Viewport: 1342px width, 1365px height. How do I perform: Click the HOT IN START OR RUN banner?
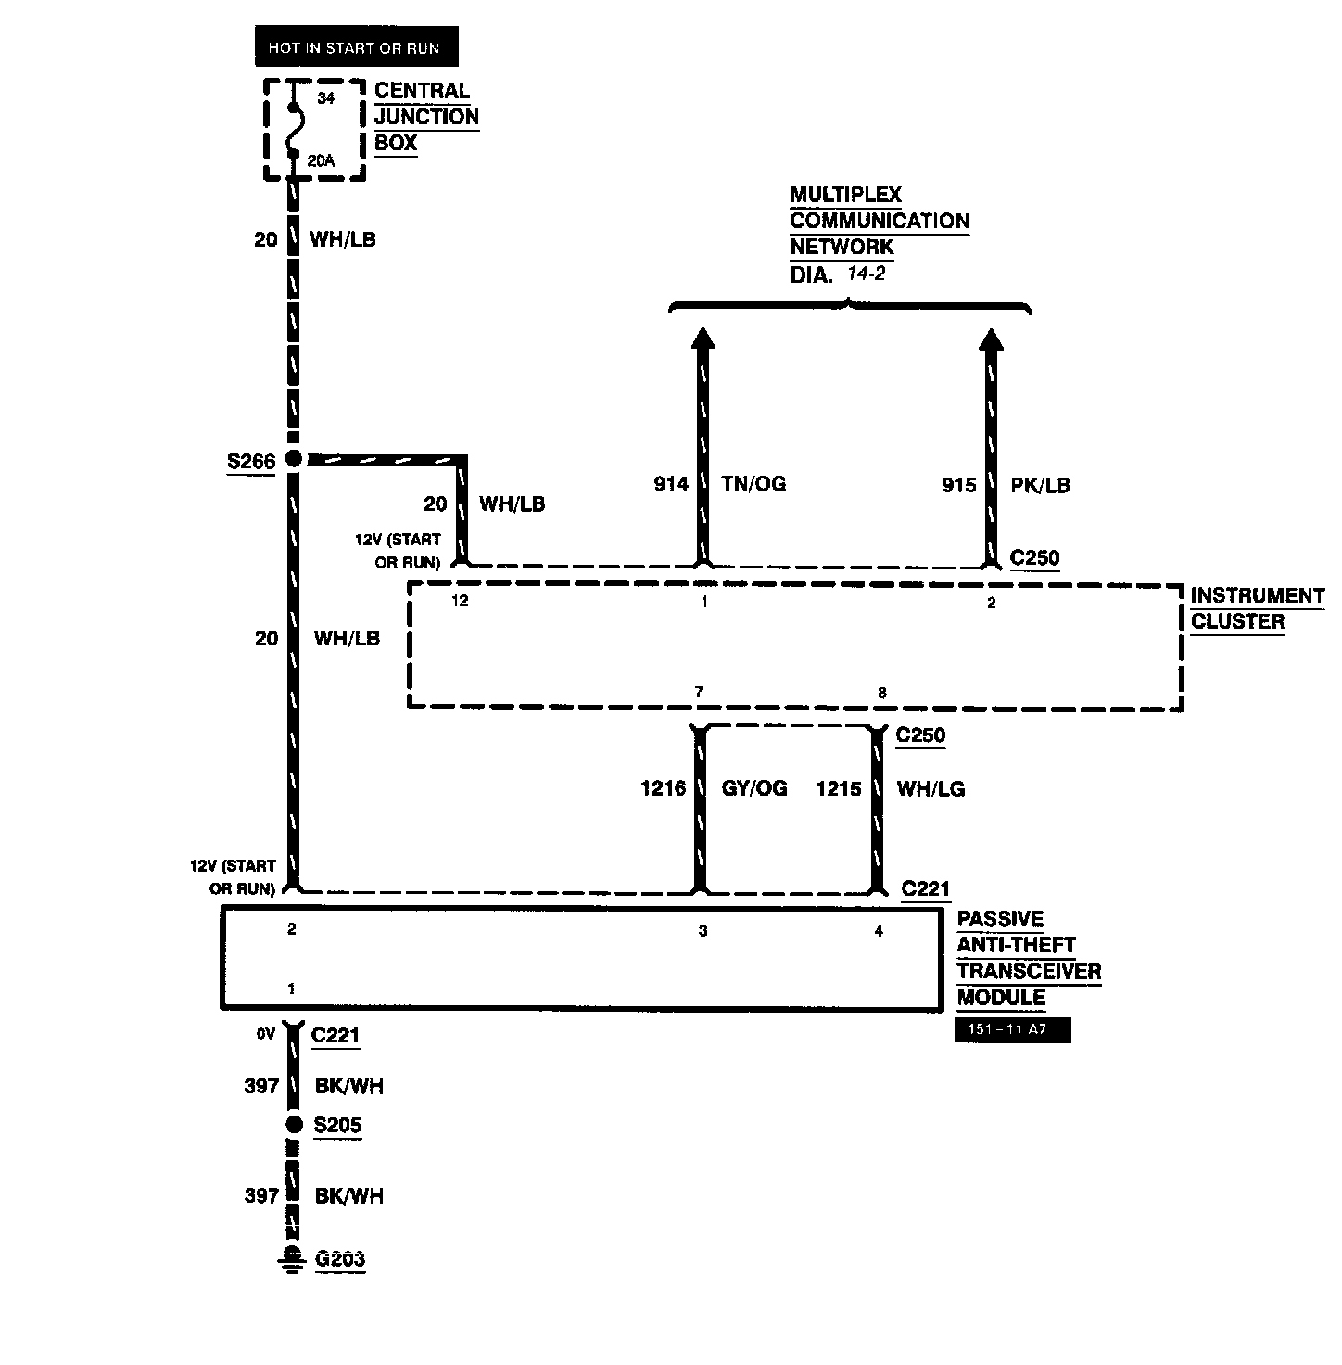coord(356,48)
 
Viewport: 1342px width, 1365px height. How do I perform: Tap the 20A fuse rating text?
coord(320,160)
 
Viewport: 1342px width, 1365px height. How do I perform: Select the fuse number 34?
coord(324,98)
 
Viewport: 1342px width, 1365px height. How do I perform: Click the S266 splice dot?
coord(294,458)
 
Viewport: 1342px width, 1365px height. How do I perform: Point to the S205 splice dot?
coord(294,1125)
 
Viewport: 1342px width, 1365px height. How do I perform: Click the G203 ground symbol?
coord(293,1260)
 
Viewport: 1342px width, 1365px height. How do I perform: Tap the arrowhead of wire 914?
coord(703,339)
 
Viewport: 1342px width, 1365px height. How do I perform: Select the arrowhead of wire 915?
coord(992,339)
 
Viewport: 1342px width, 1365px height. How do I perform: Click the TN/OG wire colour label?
coord(753,484)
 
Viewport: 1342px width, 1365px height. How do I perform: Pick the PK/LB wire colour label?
coord(1040,485)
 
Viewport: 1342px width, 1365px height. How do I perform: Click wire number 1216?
coord(664,788)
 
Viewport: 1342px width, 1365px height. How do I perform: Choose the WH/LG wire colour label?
coord(931,788)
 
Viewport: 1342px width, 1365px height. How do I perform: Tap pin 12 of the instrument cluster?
coord(460,601)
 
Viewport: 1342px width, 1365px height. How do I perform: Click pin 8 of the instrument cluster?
coord(881,693)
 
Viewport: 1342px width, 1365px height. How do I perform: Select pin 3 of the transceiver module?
coord(703,931)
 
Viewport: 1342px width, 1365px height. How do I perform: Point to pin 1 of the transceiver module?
coord(291,989)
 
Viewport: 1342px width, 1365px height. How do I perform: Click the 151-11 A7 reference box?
coord(1012,1030)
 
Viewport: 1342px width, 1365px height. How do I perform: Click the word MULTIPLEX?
coord(845,195)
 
